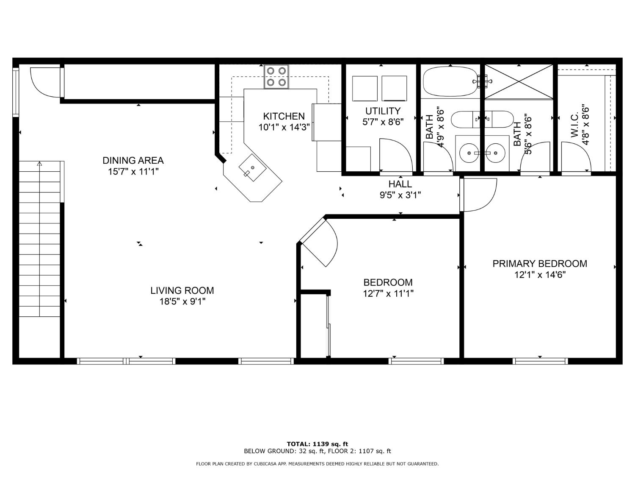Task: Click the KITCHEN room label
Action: (284, 116)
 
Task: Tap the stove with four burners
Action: (276, 76)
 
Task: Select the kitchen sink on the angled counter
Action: (252, 167)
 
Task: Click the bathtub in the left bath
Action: (450, 81)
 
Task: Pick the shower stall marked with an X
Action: (519, 82)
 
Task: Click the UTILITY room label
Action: (383, 111)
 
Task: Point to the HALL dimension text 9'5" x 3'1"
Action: (400, 195)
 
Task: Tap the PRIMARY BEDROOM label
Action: (540, 264)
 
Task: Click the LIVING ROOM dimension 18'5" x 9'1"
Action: (182, 301)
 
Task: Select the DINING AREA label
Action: (133, 160)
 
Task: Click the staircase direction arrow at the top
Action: (40, 164)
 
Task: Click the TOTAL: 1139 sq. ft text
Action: (317, 444)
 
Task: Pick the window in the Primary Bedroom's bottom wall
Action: (540, 361)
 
